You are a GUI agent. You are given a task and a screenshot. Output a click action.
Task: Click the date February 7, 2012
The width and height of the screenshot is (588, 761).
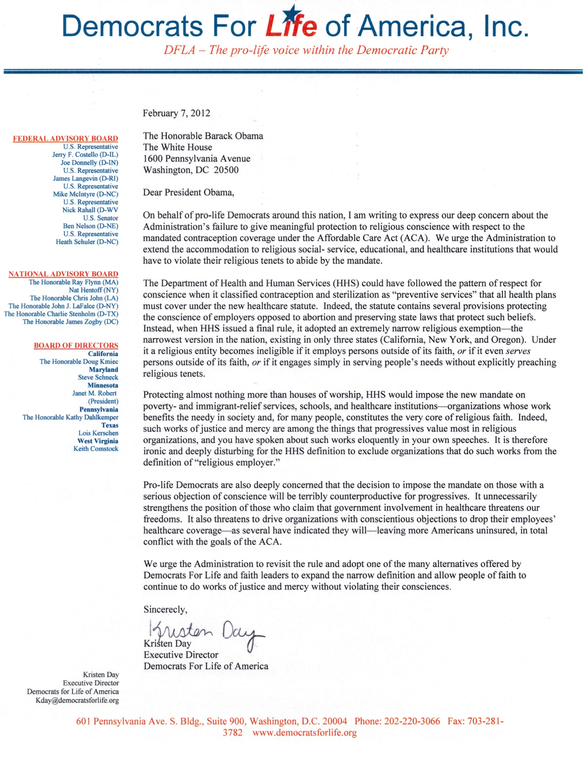pos(176,113)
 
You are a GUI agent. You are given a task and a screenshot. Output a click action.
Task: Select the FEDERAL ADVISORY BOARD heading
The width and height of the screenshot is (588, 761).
pos(65,138)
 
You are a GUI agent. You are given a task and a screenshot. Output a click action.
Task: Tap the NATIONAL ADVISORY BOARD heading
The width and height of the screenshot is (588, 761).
pos(63,274)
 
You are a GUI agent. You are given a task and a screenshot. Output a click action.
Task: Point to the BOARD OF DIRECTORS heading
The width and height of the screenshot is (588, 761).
pos(76,345)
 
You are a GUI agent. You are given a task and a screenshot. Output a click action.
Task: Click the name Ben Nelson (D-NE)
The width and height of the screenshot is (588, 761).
pos(90,226)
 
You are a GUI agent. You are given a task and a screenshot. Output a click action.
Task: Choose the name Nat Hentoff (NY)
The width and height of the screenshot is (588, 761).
pos(94,290)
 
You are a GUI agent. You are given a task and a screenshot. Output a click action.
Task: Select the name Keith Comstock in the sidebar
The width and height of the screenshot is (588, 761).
pos(96,448)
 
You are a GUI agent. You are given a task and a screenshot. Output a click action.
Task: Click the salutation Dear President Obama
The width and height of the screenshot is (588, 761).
pos(189,192)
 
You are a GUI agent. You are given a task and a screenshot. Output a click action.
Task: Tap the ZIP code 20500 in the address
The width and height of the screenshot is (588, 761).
pos(226,170)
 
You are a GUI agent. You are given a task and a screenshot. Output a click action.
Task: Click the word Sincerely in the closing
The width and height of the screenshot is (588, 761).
pos(165,609)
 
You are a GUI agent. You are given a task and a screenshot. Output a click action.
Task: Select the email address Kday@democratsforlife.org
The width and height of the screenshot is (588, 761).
pos(77,700)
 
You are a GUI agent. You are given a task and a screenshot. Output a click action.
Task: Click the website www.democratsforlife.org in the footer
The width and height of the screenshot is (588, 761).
pos(304,732)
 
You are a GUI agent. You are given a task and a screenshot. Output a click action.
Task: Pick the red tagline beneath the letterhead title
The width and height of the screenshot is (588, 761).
pos(306,50)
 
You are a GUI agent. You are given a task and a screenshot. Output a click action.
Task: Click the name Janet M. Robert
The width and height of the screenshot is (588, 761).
pos(94,393)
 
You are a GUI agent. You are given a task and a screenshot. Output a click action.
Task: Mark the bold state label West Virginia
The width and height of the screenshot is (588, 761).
pos(98,441)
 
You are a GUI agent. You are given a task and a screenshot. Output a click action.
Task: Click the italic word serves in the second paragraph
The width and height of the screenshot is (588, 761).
pos(518,351)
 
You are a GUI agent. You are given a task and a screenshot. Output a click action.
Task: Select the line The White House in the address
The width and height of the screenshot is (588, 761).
pos(178,147)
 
